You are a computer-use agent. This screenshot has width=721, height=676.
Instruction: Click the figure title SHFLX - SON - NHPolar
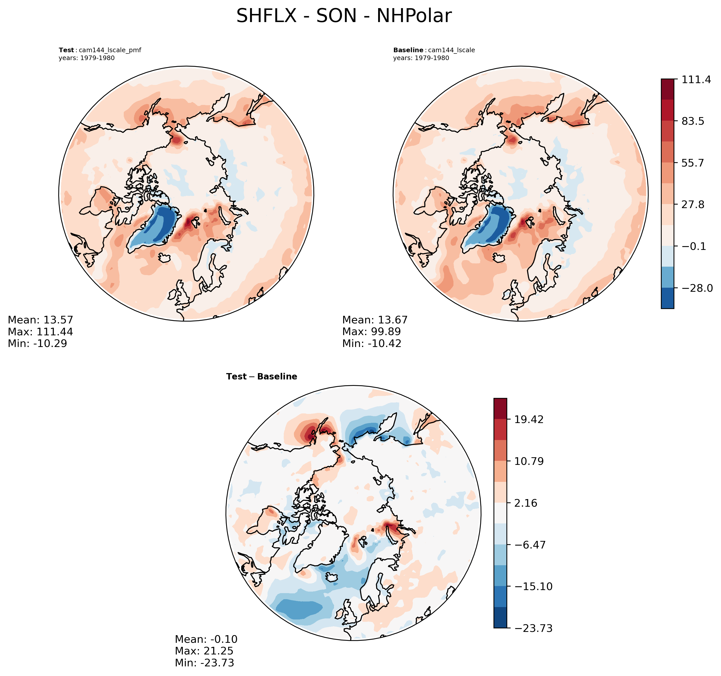click(344, 16)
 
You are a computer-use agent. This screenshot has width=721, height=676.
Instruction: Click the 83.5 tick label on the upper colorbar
click(693, 121)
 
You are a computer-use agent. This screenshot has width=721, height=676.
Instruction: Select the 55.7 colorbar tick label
click(693, 163)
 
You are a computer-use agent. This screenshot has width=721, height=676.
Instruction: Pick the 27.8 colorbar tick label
click(693, 205)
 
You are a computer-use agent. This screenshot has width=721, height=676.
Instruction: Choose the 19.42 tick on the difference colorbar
click(529, 420)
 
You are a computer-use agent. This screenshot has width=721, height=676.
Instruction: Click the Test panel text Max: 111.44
click(40, 332)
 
